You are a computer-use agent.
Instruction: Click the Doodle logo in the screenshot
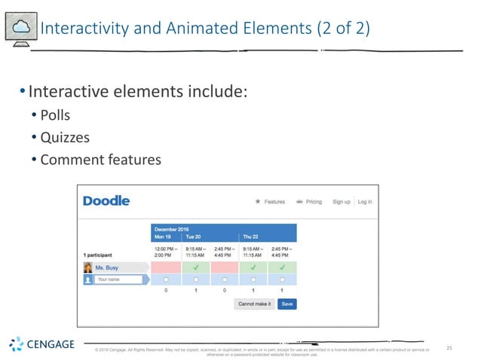pyautogui.click(x=106, y=201)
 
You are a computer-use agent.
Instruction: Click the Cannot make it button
pyautogui.click(x=254, y=304)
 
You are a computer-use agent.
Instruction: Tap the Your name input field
pyautogui.click(x=119, y=279)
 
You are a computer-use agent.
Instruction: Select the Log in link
pyautogui.click(x=365, y=202)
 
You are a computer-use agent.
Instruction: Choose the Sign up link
pyautogui.click(x=342, y=202)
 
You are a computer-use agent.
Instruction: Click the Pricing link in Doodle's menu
pyautogui.click(x=309, y=202)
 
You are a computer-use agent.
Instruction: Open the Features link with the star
pyautogui.click(x=270, y=202)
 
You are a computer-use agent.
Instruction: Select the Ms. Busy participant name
pyautogui.click(x=107, y=267)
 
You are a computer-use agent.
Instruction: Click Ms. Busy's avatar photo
pyautogui.click(x=88, y=267)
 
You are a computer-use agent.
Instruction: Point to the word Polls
pyautogui.click(x=54, y=115)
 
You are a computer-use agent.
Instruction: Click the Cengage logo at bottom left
pyautogui.click(x=42, y=345)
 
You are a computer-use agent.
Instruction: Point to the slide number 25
pyautogui.click(x=450, y=348)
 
